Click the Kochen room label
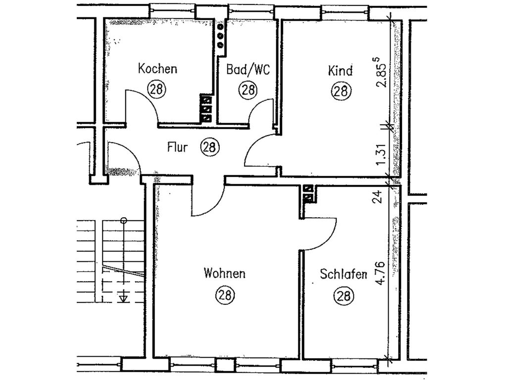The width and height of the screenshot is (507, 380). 157,69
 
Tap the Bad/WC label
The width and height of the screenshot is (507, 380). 248,69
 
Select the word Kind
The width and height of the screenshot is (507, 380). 340,70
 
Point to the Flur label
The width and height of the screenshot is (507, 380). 177,147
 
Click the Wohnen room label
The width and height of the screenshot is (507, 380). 224,273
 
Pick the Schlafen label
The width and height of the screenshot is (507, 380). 344,274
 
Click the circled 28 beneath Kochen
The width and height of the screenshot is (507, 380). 157,89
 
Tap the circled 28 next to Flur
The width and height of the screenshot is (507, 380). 210,147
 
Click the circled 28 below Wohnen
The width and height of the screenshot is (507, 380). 225,295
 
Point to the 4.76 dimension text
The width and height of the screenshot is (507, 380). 381,273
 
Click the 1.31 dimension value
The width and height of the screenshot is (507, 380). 382,154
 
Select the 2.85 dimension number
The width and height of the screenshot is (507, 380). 382,73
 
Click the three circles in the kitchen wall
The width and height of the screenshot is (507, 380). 221,35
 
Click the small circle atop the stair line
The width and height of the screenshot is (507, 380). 123,221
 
